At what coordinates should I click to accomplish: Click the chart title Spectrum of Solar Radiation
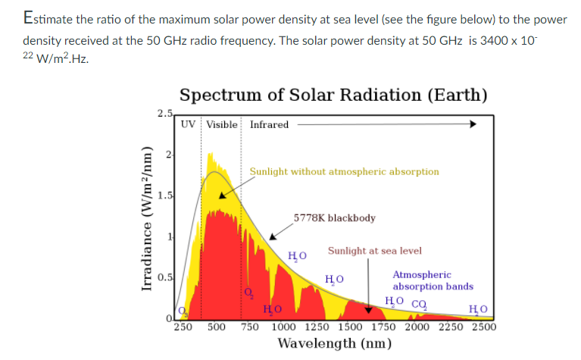[333, 95]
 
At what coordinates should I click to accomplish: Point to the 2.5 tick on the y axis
[165, 114]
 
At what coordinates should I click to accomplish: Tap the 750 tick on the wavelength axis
[251, 327]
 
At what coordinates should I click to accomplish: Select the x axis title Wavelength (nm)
[334, 344]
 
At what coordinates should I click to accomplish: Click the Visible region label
[221, 124]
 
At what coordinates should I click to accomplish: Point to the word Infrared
[269, 124]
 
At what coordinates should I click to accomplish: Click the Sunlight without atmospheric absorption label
[344, 171]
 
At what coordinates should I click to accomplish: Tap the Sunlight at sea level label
[374, 251]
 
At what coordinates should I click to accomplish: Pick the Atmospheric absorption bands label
[433, 280]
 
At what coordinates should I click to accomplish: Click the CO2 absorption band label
[418, 302]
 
